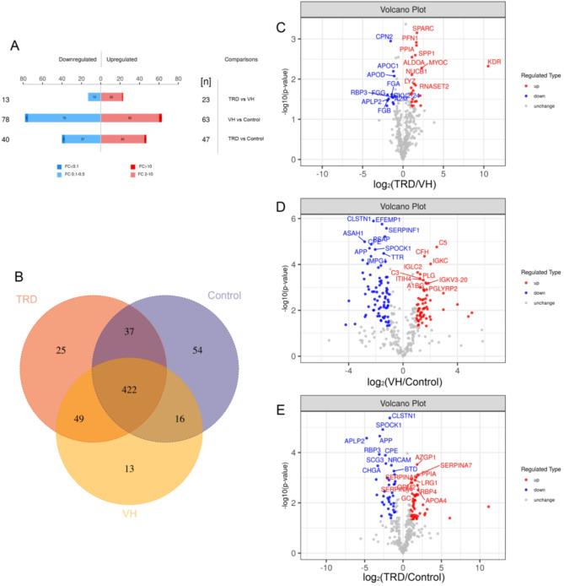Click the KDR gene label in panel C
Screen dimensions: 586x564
[x=494, y=62]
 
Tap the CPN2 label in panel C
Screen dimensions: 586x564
[x=384, y=37]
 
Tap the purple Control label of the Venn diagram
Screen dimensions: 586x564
[x=218, y=296]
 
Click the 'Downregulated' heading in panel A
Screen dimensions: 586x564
[x=78, y=60]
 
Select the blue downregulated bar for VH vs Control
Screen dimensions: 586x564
[x=63, y=119]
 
